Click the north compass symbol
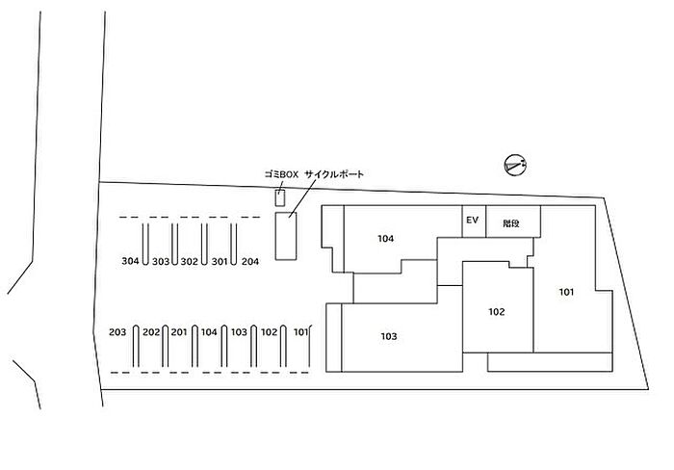click(515, 166)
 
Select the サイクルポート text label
click(335, 174)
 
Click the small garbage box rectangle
click(281, 198)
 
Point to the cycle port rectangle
click(286, 236)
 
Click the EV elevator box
click(473, 222)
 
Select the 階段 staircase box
click(511, 222)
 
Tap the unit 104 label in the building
click(386, 238)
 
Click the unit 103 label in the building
click(388, 336)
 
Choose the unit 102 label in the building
click(497, 311)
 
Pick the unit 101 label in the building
click(566, 291)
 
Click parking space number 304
click(131, 261)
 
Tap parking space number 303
click(160, 261)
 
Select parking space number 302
click(189, 261)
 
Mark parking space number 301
click(219, 261)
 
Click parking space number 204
click(250, 261)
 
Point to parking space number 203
click(117, 332)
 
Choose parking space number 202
click(150, 332)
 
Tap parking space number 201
click(178, 332)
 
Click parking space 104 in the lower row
click(209, 332)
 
